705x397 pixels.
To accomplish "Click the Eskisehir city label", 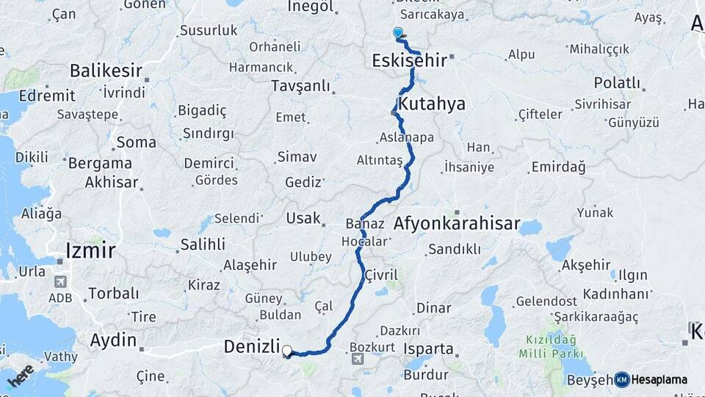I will (x=409, y=60).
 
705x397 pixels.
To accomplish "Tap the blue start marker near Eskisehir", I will (x=398, y=32).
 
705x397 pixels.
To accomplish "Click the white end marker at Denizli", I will (x=287, y=351).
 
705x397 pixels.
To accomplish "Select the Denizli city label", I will (x=252, y=346).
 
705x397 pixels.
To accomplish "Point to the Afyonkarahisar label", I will (x=457, y=223).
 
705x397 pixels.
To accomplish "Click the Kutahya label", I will (x=432, y=104).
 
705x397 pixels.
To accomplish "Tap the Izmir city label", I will (x=90, y=250).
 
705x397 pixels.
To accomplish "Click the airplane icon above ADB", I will (x=61, y=282).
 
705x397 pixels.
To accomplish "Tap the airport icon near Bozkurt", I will (x=358, y=360).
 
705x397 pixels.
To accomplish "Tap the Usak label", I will (x=303, y=218).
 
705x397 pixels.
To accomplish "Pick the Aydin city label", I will (x=113, y=340).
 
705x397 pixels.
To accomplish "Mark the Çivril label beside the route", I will (x=381, y=274).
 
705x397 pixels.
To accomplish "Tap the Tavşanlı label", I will (x=301, y=85).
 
